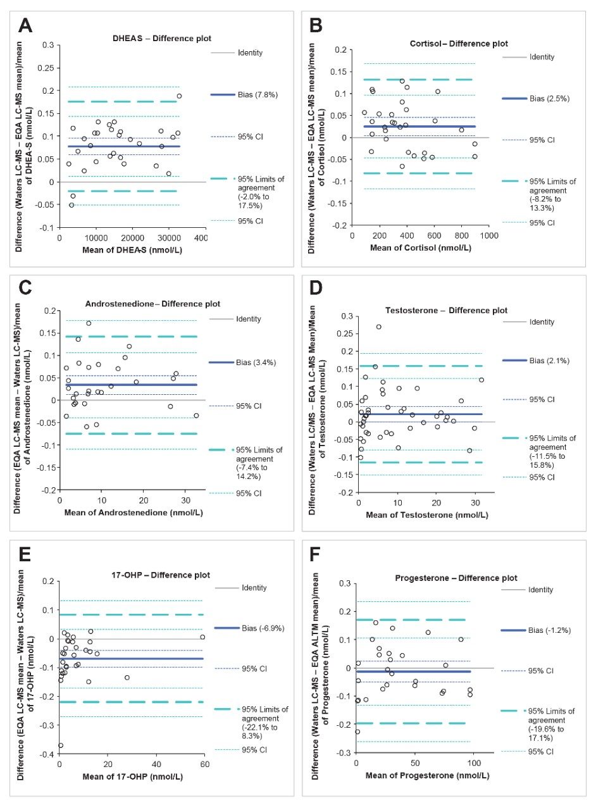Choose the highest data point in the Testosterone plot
pos(379,327)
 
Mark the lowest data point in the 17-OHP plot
pos(61,745)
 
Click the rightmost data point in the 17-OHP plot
pos(202,637)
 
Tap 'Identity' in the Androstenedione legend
pos(249,319)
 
